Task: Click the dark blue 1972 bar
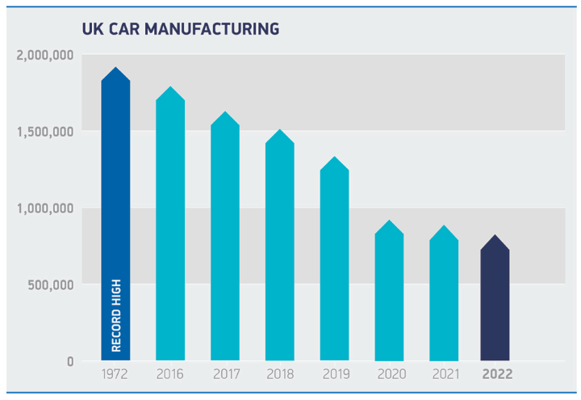click(x=115, y=202)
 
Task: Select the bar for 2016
click(x=170, y=226)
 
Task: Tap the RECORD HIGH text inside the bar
click(x=115, y=316)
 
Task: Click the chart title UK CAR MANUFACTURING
click(x=181, y=29)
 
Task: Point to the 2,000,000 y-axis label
click(x=45, y=55)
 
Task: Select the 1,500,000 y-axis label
click(x=45, y=132)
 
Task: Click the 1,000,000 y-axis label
click(x=45, y=208)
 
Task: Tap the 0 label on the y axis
click(x=70, y=361)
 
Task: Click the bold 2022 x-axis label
click(x=496, y=375)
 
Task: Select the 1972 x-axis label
click(x=115, y=375)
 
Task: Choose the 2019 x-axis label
click(x=334, y=375)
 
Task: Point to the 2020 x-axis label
click(x=389, y=375)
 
